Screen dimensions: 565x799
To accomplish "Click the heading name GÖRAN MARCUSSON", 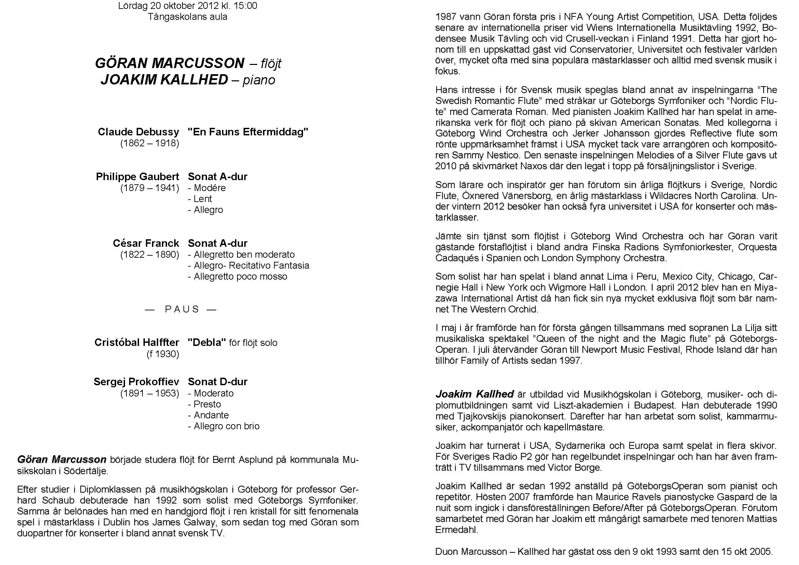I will (169, 63).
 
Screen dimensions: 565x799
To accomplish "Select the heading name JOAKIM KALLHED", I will (164, 80).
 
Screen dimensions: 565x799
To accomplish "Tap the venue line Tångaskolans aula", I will (187, 17).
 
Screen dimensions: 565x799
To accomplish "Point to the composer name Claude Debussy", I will (138, 132).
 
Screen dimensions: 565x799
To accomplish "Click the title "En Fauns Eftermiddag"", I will (248, 132).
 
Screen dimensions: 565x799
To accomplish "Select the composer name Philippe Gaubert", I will (137, 176).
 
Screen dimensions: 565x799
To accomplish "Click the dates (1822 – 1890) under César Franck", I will (150, 255).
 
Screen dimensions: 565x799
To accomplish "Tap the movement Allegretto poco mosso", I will (240, 277).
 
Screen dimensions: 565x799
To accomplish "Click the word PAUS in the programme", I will (182, 309).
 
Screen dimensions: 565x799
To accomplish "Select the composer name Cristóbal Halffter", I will (137, 342).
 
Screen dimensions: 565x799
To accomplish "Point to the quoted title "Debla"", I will (207, 342).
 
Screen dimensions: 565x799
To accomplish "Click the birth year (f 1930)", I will (163, 354).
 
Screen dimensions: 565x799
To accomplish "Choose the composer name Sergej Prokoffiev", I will (136, 381).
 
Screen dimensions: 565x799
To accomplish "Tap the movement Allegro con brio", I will (226, 426).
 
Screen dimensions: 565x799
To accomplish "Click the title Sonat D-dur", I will (218, 381).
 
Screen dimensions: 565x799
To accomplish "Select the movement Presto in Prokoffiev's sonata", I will (207, 404).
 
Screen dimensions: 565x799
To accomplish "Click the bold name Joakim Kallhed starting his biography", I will (474, 394).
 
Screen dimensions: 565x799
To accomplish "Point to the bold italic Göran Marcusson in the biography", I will (61, 459).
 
